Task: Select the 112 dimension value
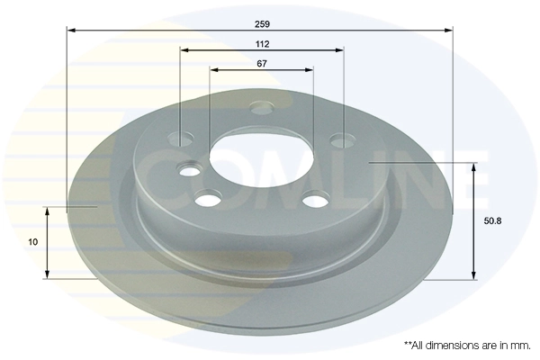(x=262, y=43)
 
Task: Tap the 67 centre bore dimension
(x=262, y=64)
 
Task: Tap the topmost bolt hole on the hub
(x=261, y=109)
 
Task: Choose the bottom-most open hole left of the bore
(x=209, y=200)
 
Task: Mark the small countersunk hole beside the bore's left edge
(x=190, y=170)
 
